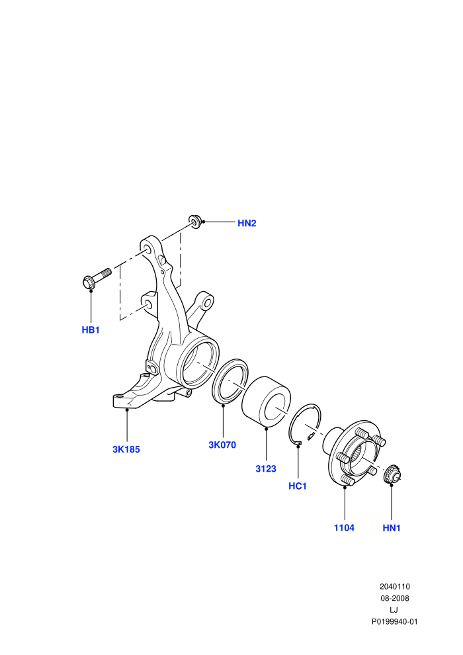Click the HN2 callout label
[x=247, y=223]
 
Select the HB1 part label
[x=91, y=330]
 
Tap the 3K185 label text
[x=126, y=449]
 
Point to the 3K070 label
[x=222, y=445]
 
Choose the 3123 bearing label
[x=266, y=468]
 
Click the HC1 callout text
[x=298, y=486]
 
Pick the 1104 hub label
[x=344, y=527]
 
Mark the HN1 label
[x=392, y=528]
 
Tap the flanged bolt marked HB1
[x=97, y=278]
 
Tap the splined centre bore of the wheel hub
[x=359, y=454]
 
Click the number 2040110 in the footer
[x=394, y=586]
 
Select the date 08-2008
[x=394, y=598]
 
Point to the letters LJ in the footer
[x=394, y=610]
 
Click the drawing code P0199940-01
[x=394, y=621]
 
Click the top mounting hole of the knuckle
[x=147, y=249]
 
